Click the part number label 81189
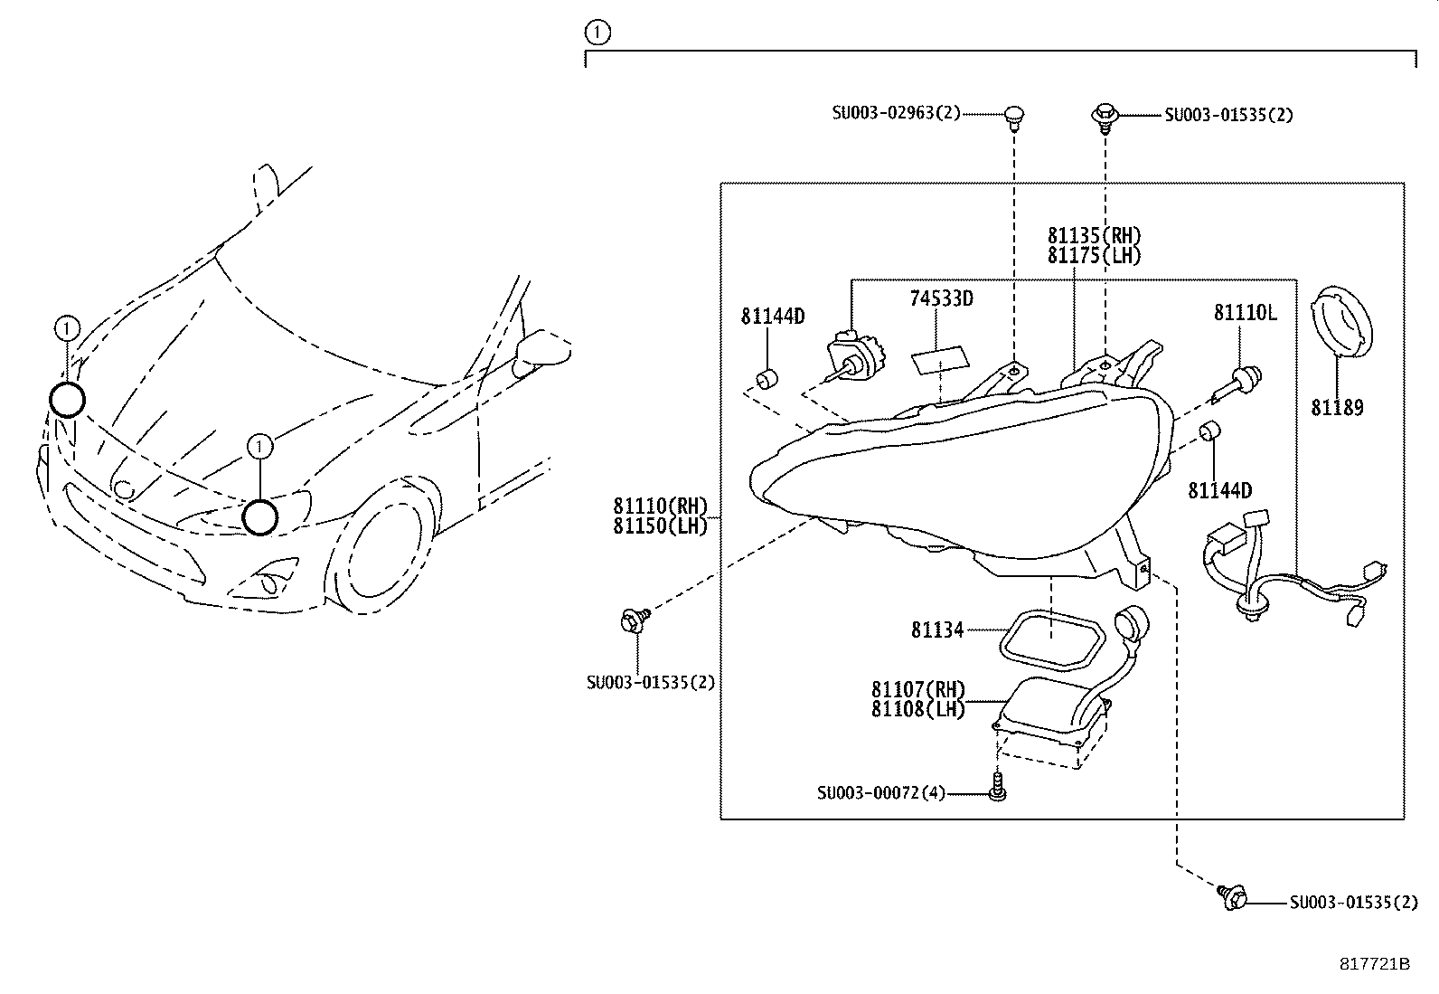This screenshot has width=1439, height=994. coord(1337,408)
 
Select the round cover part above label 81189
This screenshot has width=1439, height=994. coord(1341,321)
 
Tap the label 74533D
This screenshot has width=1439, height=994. coord(941,298)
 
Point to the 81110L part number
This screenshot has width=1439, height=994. coord(1245,312)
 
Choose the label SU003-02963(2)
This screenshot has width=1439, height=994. coord(896,113)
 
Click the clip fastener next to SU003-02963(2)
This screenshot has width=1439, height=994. coord(1014,118)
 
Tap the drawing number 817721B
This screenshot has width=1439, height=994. coord(1374,964)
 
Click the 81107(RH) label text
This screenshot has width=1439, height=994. coord(918,689)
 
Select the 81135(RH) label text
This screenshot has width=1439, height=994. coord(1094,235)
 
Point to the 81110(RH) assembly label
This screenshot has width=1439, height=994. coord(660,506)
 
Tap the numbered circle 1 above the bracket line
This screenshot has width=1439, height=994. coord(597,33)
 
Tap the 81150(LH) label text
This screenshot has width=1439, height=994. coord(660,526)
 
